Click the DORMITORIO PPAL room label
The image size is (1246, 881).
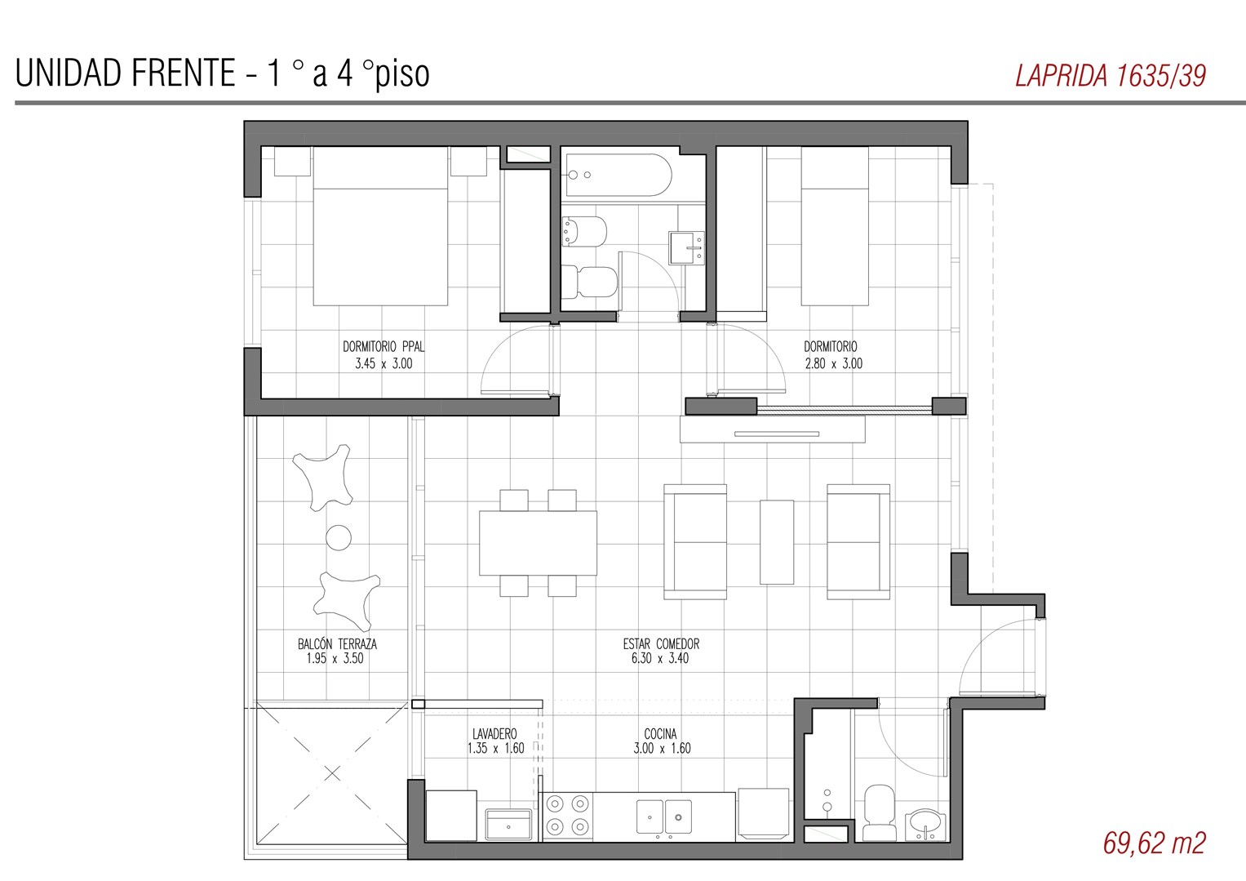coord(384,347)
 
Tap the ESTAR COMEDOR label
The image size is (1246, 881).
coord(661,644)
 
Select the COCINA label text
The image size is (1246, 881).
coord(660,734)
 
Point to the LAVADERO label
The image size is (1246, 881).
coord(494,734)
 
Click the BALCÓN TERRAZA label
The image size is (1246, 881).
coord(337,644)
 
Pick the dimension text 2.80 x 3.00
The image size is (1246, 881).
coord(833,364)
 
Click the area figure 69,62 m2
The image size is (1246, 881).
coord(1155,843)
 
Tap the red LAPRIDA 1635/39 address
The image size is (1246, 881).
coord(1111,76)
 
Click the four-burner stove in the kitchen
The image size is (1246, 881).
coord(567,816)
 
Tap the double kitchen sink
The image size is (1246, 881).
coord(663,816)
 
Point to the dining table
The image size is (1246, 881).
coord(538,543)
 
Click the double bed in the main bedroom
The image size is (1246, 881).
coord(380,226)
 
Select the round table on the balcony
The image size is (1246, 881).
coord(338,537)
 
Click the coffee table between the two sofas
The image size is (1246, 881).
coord(777,541)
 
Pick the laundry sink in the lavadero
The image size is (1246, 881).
coord(508,824)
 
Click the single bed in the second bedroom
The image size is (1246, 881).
coord(835,226)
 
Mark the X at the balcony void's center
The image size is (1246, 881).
coord(332,773)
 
